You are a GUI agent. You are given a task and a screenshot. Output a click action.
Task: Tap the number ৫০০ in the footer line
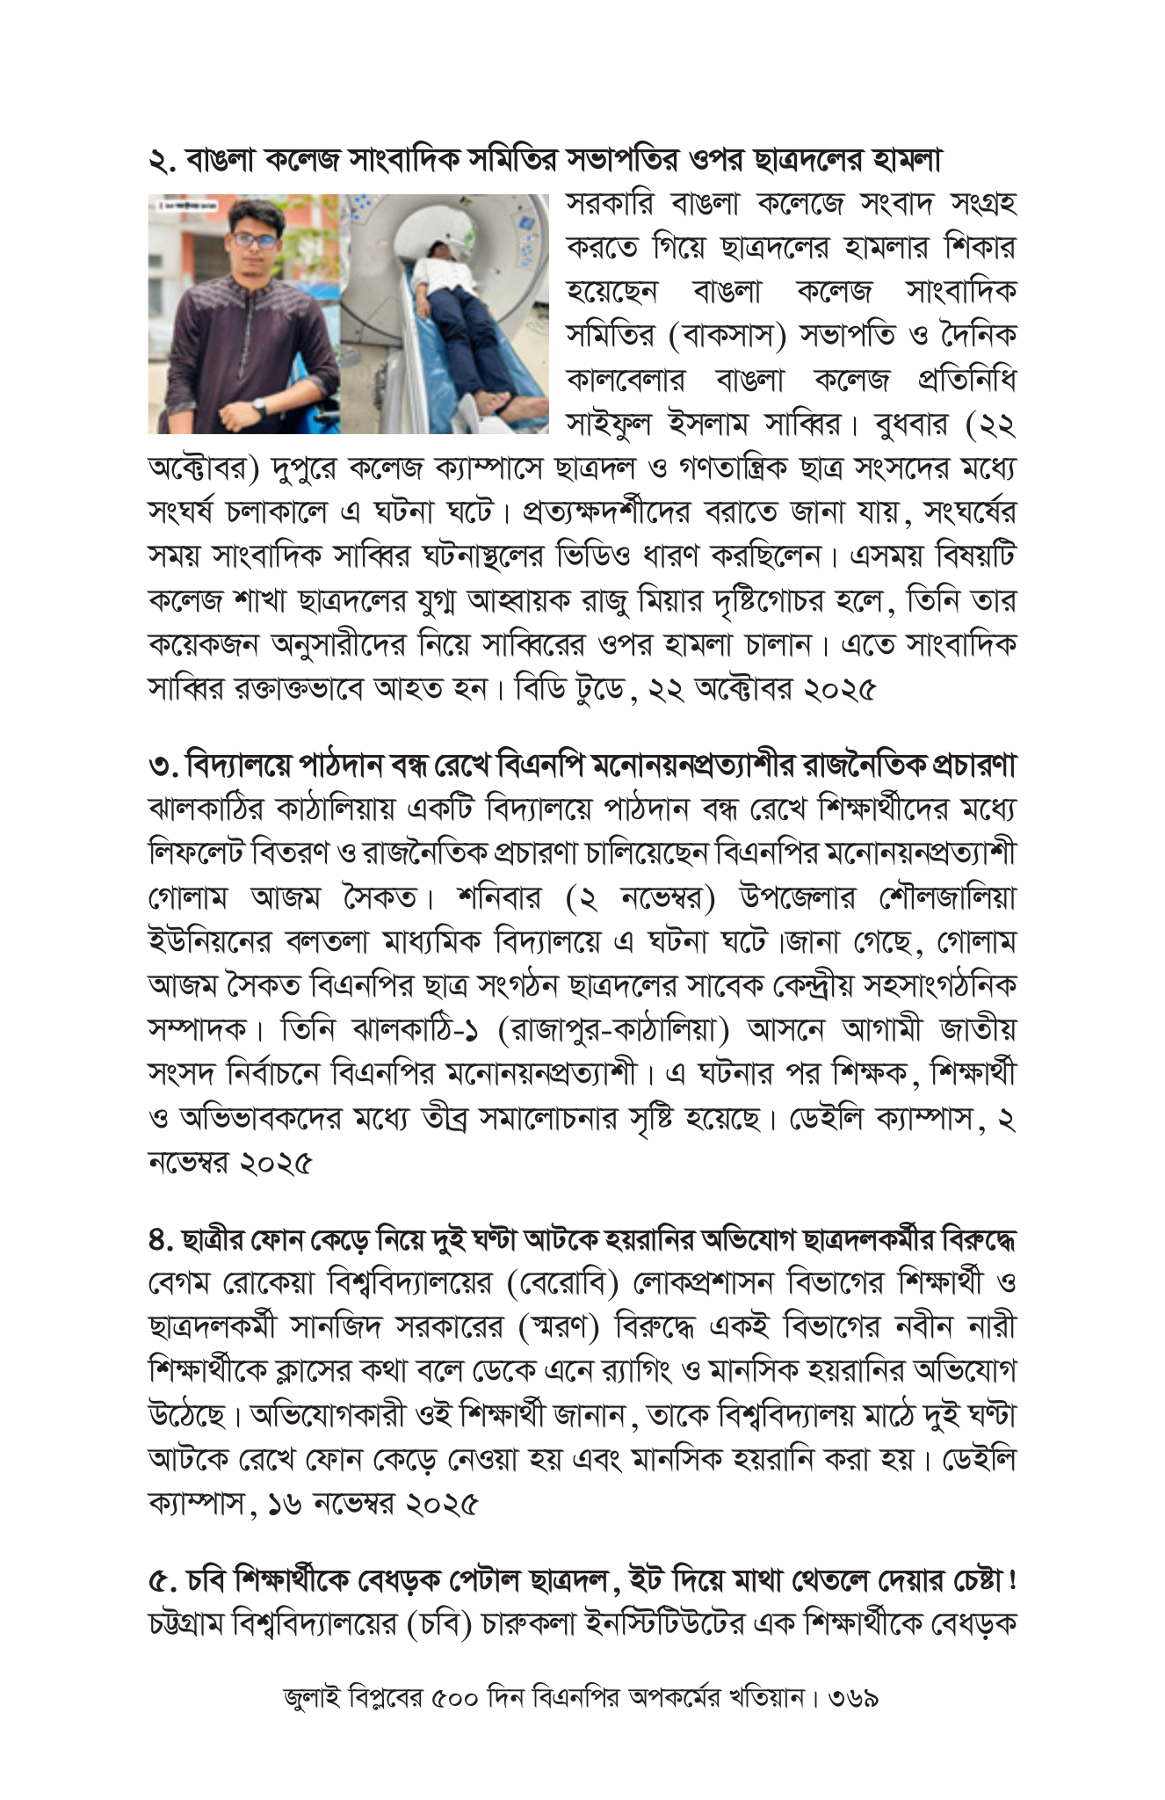click(x=455, y=1719)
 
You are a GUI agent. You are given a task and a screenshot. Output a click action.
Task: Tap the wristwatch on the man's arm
click(x=260, y=404)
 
